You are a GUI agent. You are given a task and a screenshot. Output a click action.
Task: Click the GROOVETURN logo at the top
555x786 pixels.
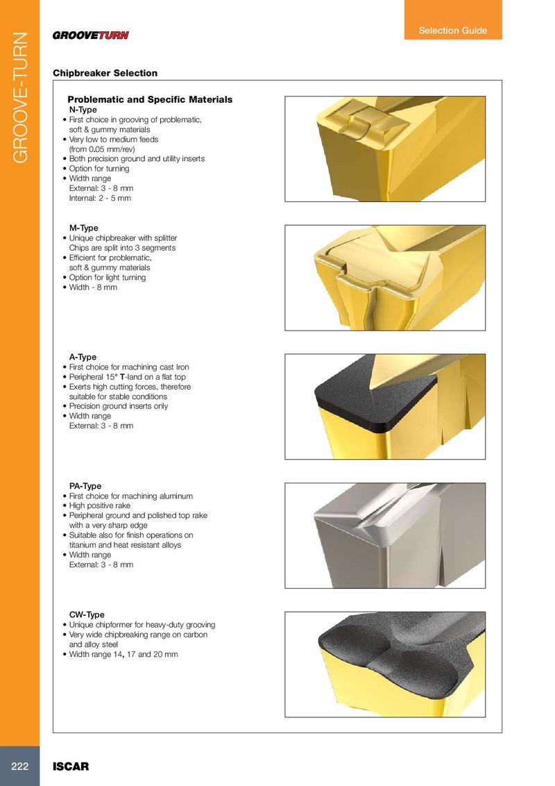click(91, 35)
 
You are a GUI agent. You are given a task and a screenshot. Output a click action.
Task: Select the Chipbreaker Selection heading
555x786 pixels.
click(105, 73)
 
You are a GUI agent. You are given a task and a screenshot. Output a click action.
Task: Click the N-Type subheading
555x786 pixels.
click(83, 110)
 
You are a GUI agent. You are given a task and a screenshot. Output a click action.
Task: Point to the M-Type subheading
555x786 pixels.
click(84, 228)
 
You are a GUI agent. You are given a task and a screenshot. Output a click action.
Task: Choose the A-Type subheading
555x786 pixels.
click(83, 357)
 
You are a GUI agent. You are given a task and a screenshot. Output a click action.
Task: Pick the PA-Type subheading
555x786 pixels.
click(85, 486)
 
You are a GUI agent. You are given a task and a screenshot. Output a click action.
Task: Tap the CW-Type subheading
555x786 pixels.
click(87, 614)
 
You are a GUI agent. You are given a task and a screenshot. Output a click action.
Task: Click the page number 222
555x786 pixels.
click(20, 766)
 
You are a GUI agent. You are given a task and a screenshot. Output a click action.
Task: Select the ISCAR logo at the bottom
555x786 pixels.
click(71, 767)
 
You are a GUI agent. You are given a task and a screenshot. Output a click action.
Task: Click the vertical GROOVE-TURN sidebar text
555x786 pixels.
click(20, 98)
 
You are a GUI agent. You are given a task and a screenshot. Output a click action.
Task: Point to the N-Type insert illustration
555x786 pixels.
click(385, 149)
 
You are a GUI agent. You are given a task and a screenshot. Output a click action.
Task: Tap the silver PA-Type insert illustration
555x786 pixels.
click(385, 535)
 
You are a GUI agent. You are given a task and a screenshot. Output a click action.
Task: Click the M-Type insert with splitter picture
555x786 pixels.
click(385, 278)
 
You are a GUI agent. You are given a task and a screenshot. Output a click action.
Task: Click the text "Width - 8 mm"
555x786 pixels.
click(93, 287)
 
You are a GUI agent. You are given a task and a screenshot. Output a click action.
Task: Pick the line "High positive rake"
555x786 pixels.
click(100, 505)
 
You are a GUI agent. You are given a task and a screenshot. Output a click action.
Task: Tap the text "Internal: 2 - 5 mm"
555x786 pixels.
click(100, 198)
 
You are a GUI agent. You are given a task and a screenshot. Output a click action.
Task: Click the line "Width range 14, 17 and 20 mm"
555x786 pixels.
click(123, 654)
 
